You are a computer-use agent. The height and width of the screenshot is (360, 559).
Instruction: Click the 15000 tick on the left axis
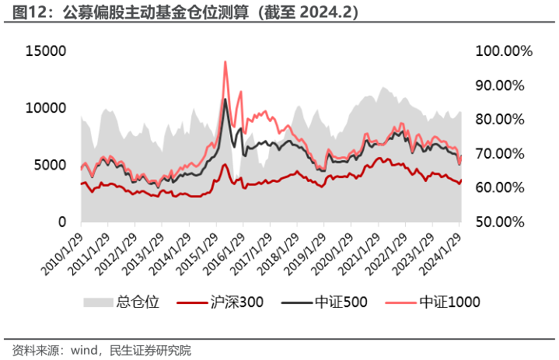(x=46, y=51)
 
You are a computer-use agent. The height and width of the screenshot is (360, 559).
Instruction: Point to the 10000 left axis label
(x=46, y=108)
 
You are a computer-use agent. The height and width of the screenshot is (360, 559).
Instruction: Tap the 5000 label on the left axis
(x=50, y=165)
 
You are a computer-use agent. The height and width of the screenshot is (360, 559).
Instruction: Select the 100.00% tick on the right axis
(x=504, y=51)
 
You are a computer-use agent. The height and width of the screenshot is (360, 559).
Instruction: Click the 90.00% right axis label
(x=500, y=86)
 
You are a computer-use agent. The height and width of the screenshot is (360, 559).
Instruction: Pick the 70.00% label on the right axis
(x=500, y=154)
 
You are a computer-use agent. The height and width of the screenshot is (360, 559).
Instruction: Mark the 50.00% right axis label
(x=500, y=222)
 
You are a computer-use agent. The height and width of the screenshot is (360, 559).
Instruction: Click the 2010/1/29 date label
(x=62, y=254)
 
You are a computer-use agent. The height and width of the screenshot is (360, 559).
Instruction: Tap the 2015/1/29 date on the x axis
(x=197, y=254)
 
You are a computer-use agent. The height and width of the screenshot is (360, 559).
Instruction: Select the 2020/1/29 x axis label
(x=332, y=254)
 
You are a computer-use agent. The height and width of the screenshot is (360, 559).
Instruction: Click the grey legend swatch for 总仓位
(x=98, y=302)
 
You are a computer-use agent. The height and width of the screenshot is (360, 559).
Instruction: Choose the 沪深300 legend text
(x=236, y=302)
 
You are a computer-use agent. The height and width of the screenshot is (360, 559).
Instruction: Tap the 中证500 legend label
(x=341, y=302)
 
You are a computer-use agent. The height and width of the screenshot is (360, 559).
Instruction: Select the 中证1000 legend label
(x=450, y=302)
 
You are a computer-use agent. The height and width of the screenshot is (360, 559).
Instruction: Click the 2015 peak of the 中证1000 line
(x=225, y=61)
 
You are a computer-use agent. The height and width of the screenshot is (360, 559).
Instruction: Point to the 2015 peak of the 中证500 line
(x=225, y=99)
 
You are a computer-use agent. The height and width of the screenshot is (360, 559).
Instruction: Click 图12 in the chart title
(x=25, y=12)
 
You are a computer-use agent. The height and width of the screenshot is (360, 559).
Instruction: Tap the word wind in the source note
(x=84, y=351)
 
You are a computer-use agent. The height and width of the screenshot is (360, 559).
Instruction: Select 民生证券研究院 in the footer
(x=151, y=351)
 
